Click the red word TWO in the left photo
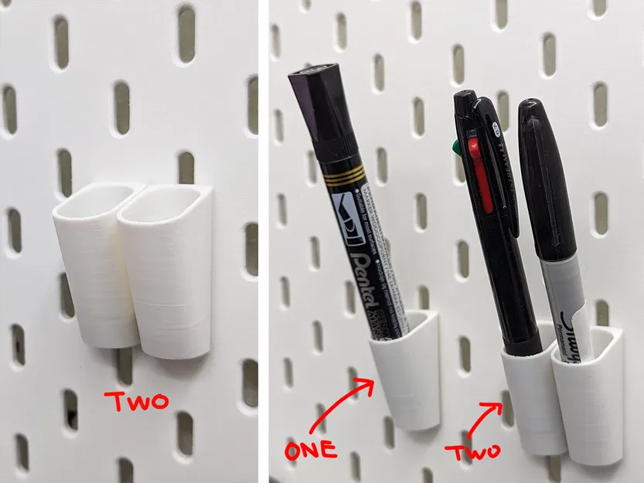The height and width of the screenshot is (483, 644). tap(138, 401)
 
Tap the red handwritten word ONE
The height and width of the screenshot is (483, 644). tap(310, 449)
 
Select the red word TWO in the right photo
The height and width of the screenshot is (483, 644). tap(473, 450)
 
